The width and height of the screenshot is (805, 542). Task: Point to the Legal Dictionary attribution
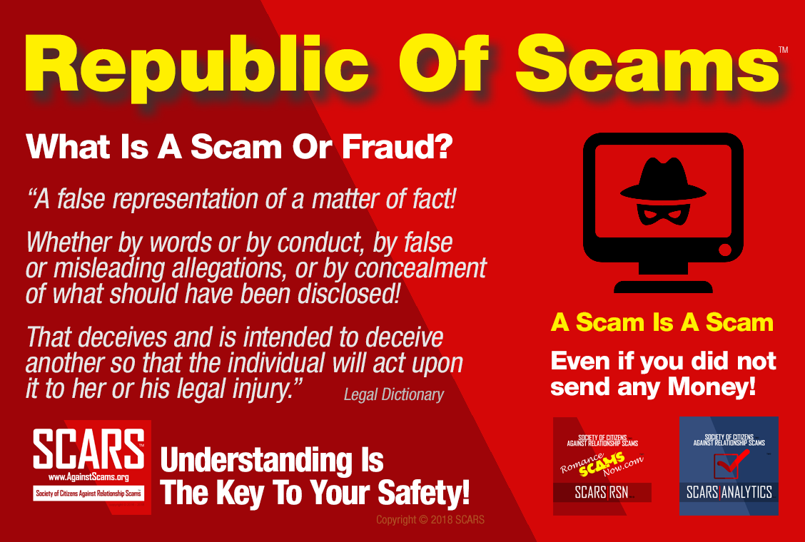pyautogui.click(x=393, y=394)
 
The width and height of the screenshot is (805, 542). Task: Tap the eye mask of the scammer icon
pyautogui.click(x=663, y=212)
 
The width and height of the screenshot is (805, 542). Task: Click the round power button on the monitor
pyautogui.click(x=724, y=251)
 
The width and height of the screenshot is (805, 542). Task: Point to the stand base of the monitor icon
pyautogui.click(x=663, y=286)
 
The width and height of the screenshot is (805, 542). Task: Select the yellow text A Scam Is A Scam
pyautogui.click(x=662, y=322)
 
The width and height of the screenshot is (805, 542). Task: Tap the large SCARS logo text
pyautogui.click(x=88, y=447)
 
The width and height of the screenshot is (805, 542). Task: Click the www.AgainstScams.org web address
pyautogui.click(x=88, y=476)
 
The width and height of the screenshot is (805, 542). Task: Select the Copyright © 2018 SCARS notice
pyautogui.click(x=430, y=520)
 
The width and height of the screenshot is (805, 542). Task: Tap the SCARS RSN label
pyautogui.click(x=592, y=492)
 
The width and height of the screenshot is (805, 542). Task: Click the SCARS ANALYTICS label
pyautogui.click(x=729, y=492)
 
